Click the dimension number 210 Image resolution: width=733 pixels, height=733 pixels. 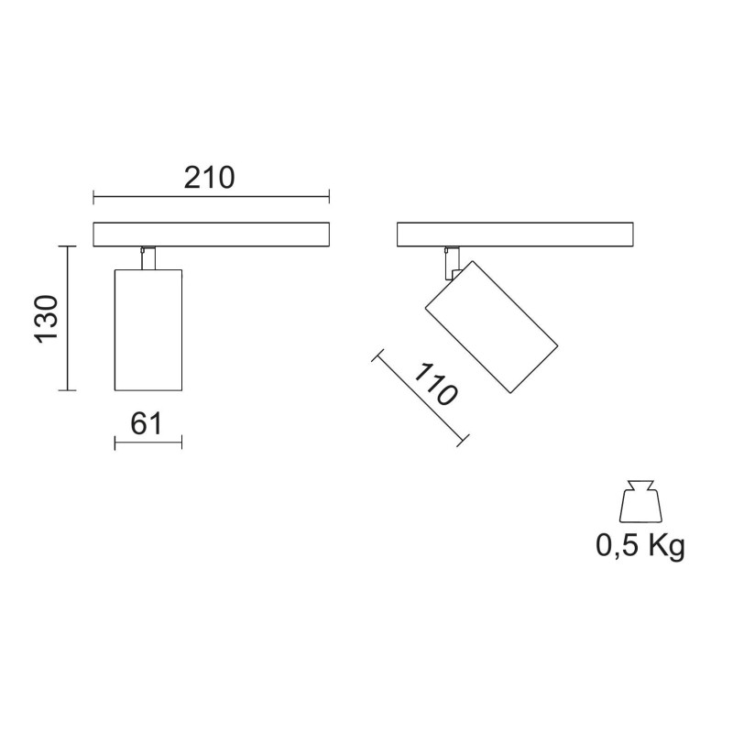click(210, 177)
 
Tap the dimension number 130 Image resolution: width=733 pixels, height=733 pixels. click(48, 319)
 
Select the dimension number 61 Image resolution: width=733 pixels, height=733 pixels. click(147, 422)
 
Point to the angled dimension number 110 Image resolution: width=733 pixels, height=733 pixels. click(434, 386)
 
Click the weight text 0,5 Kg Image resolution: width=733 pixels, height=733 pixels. click(640, 546)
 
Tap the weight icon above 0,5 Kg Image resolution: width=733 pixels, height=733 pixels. click(640, 502)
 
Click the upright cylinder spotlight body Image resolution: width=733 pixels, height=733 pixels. click(148, 330)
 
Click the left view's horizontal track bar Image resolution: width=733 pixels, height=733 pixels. click(211, 234)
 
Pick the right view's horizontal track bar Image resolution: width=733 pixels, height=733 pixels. click(514, 234)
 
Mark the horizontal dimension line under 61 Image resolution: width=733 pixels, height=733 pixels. click(148, 443)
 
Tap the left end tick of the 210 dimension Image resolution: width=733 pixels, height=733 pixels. click(93, 196)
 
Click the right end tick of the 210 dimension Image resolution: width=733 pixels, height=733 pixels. click(329, 196)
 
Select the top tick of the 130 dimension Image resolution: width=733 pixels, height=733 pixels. click(66, 246)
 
